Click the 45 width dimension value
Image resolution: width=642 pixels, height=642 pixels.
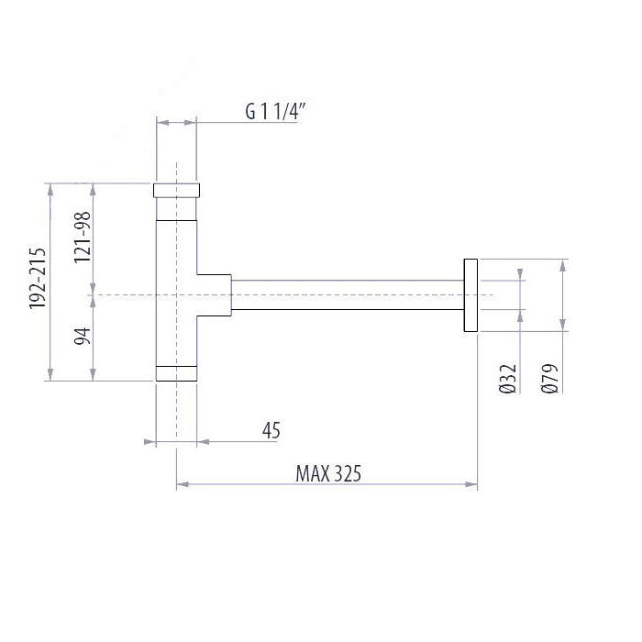click(x=270, y=430)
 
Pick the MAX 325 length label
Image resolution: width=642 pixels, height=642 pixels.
click(x=328, y=474)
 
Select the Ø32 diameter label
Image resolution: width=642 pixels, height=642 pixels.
click(x=511, y=378)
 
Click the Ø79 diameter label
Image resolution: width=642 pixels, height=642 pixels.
click(x=550, y=378)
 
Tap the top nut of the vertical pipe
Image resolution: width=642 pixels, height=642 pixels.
click(x=175, y=190)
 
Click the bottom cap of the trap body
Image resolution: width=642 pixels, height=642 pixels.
click(x=175, y=372)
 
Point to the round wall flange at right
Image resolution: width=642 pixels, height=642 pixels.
click(x=470, y=294)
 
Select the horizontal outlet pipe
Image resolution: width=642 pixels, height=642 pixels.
click(x=349, y=294)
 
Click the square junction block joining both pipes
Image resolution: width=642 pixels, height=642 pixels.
click(x=213, y=294)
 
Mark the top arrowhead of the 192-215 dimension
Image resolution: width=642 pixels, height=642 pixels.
click(x=50, y=189)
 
